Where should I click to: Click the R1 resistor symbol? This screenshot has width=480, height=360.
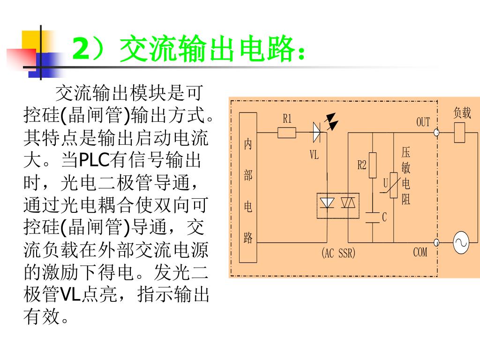[287, 133]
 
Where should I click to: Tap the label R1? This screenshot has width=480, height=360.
[287, 119]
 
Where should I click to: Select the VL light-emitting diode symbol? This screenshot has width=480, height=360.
[317, 133]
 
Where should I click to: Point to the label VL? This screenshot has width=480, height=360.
[314, 155]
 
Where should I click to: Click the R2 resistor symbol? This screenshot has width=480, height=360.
[373, 165]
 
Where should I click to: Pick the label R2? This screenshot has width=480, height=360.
[362, 165]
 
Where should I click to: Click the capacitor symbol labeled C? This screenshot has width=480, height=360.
[373, 217]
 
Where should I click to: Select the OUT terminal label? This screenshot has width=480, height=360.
[423, 122]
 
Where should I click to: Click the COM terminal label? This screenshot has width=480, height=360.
[420, 252]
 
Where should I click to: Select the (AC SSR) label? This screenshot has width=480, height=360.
[338, 253]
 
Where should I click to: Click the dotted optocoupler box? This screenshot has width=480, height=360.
[338, 205]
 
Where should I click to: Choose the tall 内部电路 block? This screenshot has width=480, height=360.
[248, 187]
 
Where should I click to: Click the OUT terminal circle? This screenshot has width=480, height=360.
[436, 133]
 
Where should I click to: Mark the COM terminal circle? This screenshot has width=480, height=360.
[436, 242]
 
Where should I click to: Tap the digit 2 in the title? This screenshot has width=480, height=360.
[81, 49]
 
